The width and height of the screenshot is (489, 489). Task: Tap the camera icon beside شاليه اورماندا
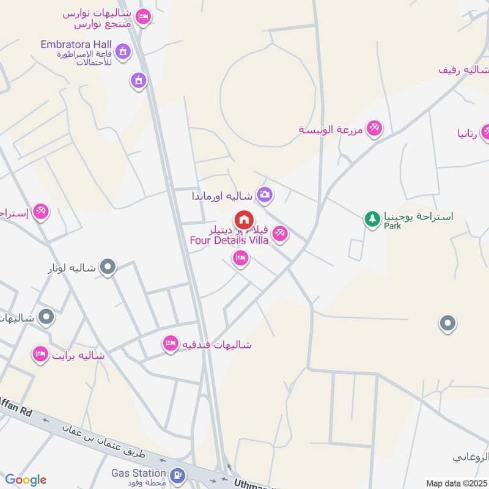point(265,195)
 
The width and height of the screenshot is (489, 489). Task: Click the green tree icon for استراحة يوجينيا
point(372,218)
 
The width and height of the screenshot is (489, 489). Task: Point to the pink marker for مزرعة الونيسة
point(375,128)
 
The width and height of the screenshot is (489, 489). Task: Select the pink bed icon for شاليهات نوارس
point(143,17)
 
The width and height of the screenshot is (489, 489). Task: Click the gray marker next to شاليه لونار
point(108,267)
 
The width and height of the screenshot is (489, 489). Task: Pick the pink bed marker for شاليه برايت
point(40,355)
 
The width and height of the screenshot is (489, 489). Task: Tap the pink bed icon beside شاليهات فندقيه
point(170,344)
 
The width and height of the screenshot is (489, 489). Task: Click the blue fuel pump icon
point(177,474)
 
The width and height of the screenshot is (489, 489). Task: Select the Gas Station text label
point(138,472)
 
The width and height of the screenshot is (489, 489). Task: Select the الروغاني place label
point(471,456)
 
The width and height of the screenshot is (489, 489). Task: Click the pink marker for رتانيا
point(487,131)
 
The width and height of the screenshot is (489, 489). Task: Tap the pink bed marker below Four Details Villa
point(240,260)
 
